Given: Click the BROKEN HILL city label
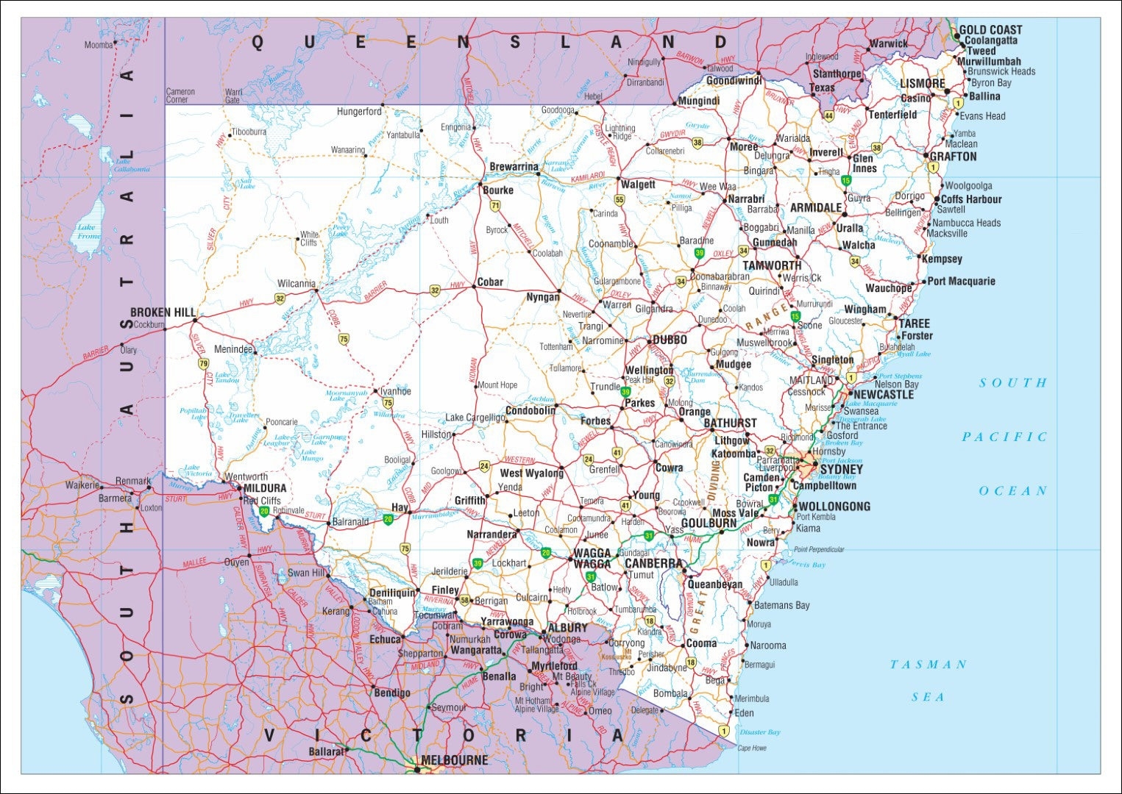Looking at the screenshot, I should coord(163,312).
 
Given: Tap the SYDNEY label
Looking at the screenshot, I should coord(841,469).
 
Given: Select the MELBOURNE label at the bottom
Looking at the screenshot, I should coord(454,760).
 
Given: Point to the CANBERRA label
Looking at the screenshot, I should coord(654,563).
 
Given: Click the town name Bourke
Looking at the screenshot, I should coord(498,190).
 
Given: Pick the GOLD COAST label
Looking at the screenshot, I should coord(990,30).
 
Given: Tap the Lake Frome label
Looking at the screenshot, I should coord(88,232).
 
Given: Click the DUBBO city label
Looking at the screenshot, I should coord(670,340).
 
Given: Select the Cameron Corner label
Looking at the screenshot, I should coord(180,96).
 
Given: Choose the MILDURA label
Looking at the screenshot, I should coord(265,488).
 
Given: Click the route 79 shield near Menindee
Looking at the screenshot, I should coord(204,363).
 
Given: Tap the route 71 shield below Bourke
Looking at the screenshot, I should coord(495,206).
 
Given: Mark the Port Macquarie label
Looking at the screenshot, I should coord(961,281).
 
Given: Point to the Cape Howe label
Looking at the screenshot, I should coord(752,748).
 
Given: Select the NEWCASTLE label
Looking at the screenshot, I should coord(883,395).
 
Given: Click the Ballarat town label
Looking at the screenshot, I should coord(326,751).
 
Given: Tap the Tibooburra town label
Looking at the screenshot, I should coord(249,132).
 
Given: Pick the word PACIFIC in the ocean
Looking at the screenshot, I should coord(1004,437).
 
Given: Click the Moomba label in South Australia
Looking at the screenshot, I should coord(99,45).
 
